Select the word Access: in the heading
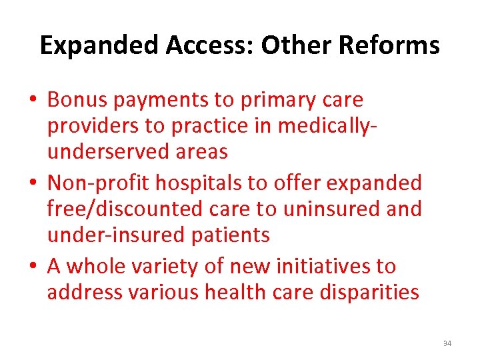[x=212, y=45]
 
